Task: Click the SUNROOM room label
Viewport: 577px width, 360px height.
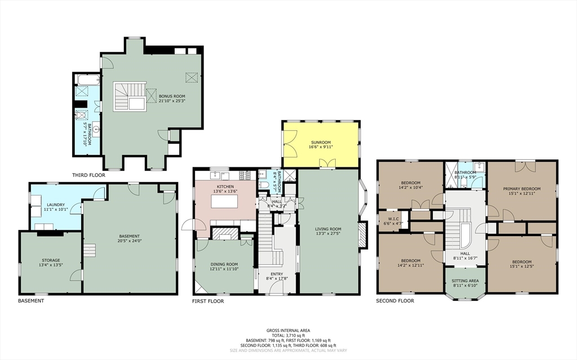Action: pyautogui.click(x=319, y=143)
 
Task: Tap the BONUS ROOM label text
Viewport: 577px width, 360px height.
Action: pyautogui.click(x=172, y=96)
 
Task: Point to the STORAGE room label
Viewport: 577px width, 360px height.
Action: pyautogui.click(x=50, y=260)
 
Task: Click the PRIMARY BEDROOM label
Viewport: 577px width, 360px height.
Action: pyautogui.click(x=522, y=189)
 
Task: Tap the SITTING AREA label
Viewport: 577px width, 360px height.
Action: pyautogui.click(x=466, y=280)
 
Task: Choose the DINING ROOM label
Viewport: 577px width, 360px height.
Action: pyautogui.click(x=224, y=264)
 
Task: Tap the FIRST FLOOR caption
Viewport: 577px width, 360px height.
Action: pyautogui.click(x=207, y=301)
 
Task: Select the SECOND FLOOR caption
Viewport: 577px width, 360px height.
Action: pyautogui.click(x=395, y=301)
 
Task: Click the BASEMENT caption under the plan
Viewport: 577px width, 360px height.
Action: pyautogui.click(x=31, y=301)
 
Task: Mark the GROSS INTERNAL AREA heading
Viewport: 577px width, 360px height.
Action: pyautogui.click(x=288, y=330)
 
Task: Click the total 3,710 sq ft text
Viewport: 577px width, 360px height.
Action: pyautogui.click(x=288, y=335)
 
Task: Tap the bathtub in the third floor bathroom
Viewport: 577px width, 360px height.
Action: pyautogui.click(x=87, y=79)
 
